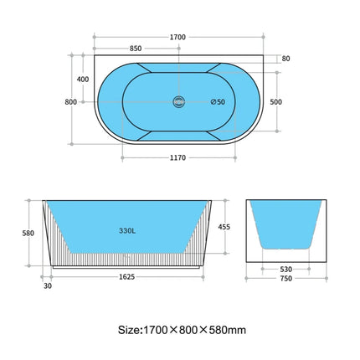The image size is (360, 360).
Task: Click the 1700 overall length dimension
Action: (x=177, y=37)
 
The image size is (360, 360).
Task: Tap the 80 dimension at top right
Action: (x=286, y=59)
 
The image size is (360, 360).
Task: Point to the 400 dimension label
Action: (x=82, y=79)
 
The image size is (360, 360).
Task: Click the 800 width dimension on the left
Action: (x=70, y=101)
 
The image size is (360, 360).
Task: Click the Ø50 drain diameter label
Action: (x=216, y=102)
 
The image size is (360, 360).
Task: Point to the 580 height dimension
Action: (x=28, y=233)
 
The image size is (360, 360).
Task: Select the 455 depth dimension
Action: (x=224, y=226)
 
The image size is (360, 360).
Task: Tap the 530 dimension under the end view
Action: (x=286, y=270)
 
